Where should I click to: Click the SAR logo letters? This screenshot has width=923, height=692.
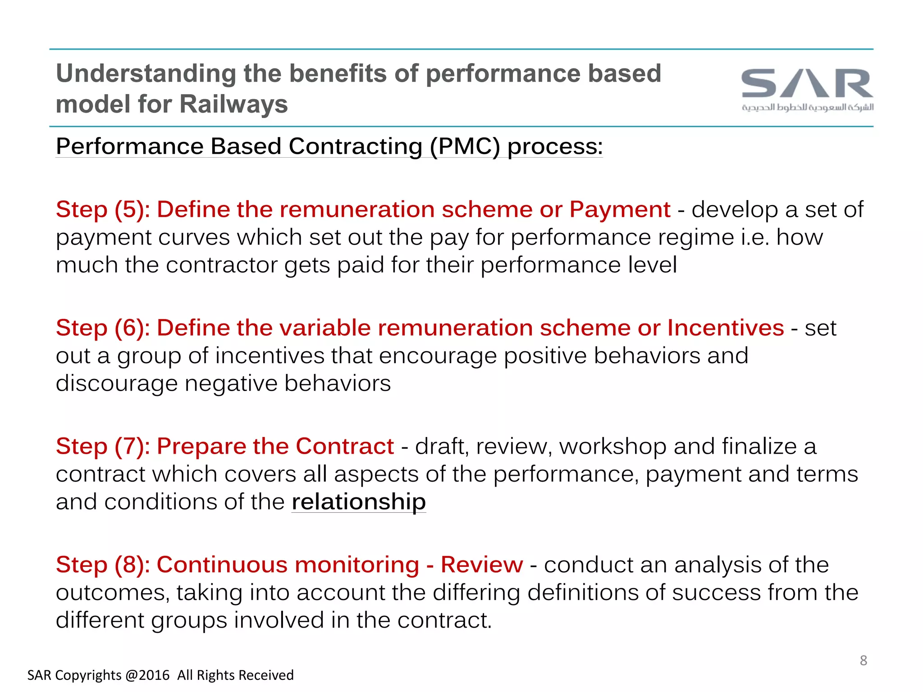[x=807, y=84]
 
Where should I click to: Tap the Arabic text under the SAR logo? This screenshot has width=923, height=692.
[x=807, y=108]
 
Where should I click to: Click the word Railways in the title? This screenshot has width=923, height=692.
[x=233, y=105]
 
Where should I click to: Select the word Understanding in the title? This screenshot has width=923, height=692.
[x=146, y=73]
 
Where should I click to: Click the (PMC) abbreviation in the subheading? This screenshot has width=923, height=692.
[x=465, y=147]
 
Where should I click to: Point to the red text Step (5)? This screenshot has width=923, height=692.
[x=103, y=210]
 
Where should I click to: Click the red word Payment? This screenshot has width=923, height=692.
[x=620, y=210]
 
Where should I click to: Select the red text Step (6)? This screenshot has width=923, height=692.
[x=103, y=328]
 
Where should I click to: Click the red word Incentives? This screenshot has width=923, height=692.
[x=725, y=328]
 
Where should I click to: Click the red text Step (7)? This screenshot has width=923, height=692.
[x=103, y=446]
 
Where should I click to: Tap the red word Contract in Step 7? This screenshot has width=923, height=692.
[x=344, y=446]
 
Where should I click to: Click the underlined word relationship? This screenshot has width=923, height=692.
[x=358, y=502]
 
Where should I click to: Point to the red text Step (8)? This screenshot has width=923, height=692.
[x=103, y=565]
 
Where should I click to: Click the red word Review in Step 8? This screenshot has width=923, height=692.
[x=481, y=565]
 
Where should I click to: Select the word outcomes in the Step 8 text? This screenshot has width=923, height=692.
[x=112, y=593]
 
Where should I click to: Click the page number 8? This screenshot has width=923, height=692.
[x=863, y=660]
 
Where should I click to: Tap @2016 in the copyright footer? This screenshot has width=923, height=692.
[x=147, y=675]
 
